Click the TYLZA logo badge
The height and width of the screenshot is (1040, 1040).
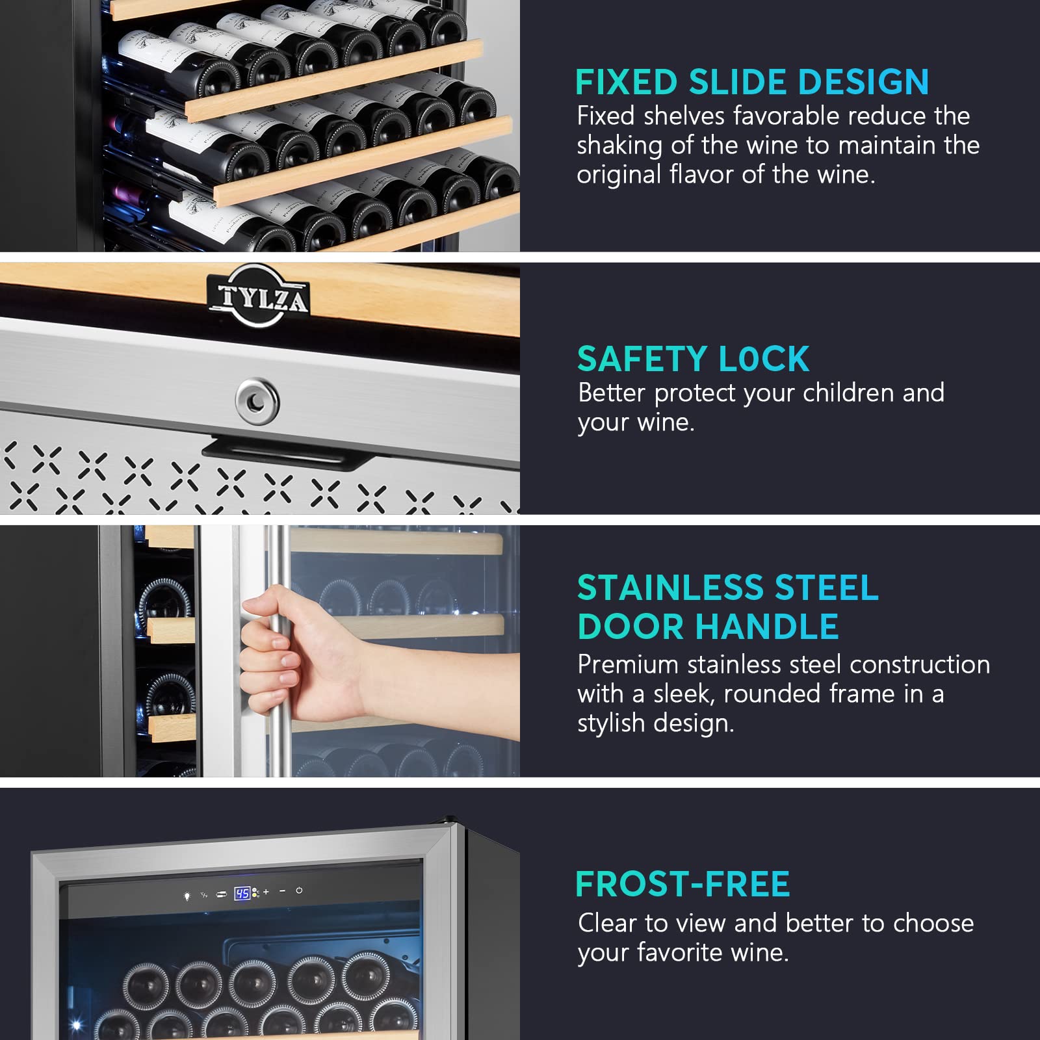pos(258,296)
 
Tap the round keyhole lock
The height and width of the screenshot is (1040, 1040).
pos(257,401)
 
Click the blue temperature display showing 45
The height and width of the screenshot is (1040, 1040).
pos(242,893)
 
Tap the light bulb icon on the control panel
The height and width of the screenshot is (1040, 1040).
pos(187,896)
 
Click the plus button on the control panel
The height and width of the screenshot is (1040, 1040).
pos(266,892)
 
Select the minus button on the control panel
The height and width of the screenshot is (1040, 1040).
pos(282,891)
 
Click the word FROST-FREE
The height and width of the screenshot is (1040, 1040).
pos(682,885)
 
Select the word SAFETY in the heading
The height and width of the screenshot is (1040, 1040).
pos(642,359)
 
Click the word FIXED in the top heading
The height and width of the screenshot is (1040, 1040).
pos(627,83)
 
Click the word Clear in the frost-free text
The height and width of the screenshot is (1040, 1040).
pos(608,923)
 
